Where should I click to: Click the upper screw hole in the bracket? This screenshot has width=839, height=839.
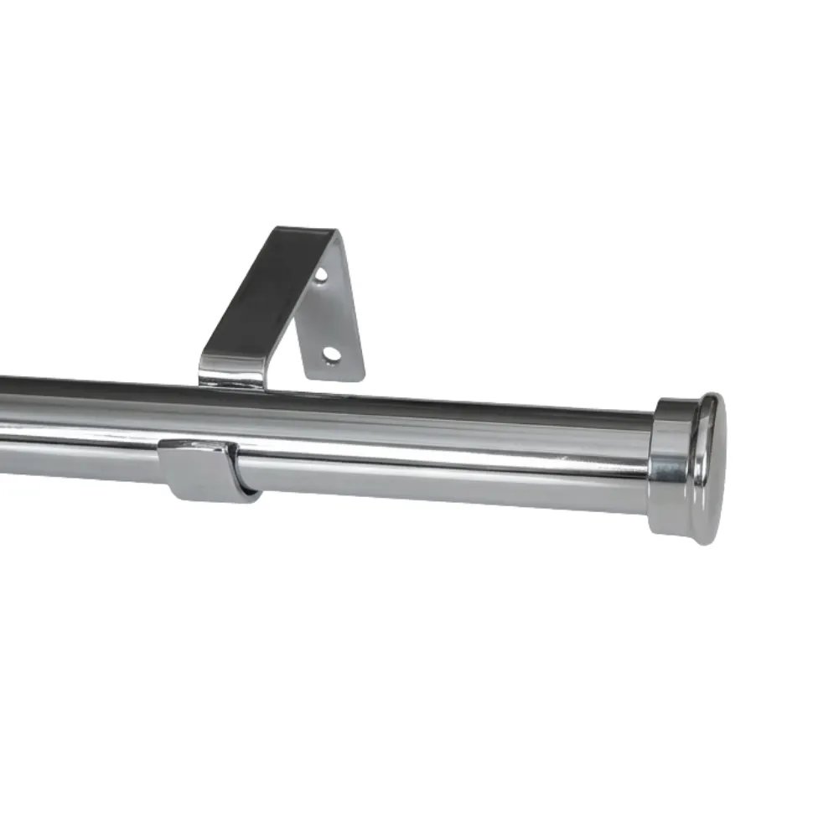point(321,274)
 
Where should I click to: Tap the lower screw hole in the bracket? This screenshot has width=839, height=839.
point(332,354)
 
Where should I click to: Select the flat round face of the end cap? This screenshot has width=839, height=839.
point(711,470)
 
